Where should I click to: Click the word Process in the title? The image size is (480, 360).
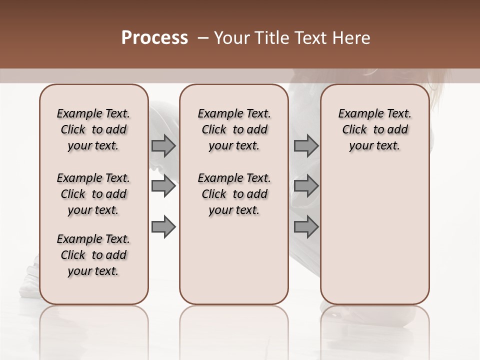[x=154, y=38]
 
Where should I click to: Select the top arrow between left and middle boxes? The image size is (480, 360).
[x=163, y=146]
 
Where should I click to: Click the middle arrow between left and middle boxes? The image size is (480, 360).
[x=163, y=186]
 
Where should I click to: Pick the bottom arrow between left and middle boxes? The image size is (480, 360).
[x=163, y=226]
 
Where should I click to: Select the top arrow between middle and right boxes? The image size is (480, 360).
[x=306, y=146]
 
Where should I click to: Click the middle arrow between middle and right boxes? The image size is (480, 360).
[x=306, y=186]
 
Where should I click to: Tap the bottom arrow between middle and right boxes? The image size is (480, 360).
[x=306, y=226]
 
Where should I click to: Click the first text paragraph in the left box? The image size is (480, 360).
[x=93, y=129]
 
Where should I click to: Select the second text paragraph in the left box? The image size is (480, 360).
[x=93, y=194]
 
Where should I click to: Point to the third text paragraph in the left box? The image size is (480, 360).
[x=93, y=255]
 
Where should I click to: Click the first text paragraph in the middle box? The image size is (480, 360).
[x=234, y=129]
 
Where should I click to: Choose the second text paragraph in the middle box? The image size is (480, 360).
[x=234, y=194]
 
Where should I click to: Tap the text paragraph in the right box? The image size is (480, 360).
[x=374, y=129]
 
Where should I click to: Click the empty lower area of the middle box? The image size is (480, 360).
[x=234, y=260]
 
